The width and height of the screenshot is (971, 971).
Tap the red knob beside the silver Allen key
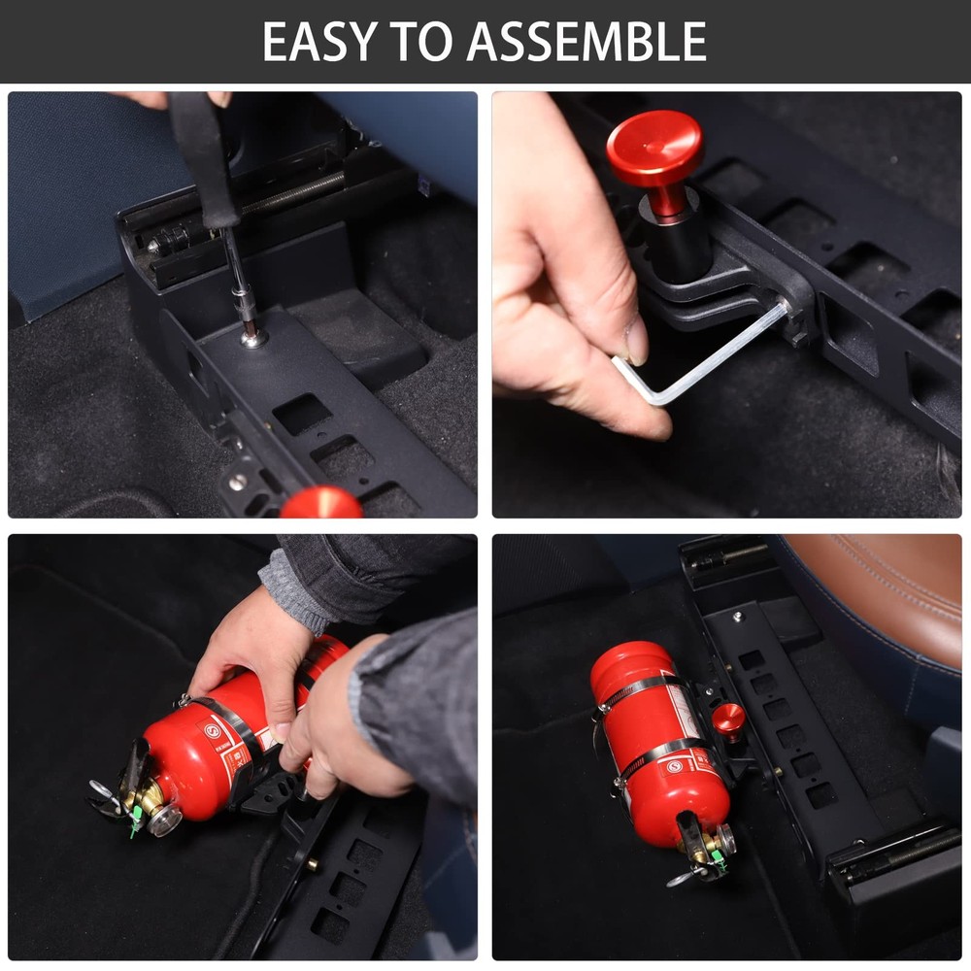coord(654,151)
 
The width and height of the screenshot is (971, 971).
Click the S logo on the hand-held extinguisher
coord(210,731)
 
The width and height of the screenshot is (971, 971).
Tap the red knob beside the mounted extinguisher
coord(728,720)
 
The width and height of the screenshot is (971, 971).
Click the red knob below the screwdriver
coord(320,502)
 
